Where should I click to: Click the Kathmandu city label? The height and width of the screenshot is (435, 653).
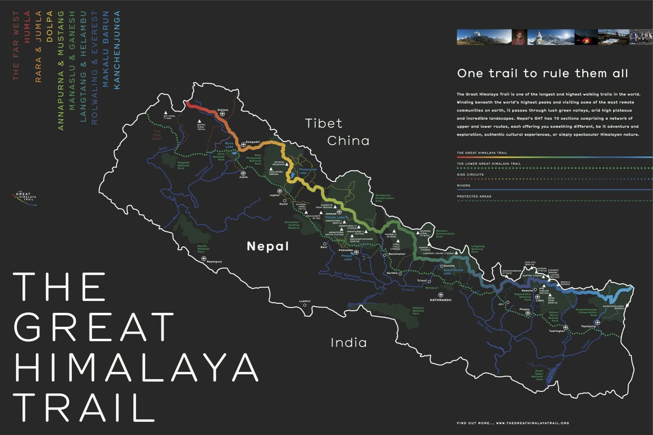coord(441,300)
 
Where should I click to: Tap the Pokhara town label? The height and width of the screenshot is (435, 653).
coord(346,251)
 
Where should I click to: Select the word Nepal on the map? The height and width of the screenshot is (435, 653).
coord(268,247)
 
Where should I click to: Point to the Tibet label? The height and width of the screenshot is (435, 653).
coord(323,124)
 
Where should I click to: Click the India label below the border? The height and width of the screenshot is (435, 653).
coord(349,343)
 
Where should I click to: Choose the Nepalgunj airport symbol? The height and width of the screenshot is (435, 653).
coord(203,259)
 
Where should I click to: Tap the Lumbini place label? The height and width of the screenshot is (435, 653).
coord(305,301)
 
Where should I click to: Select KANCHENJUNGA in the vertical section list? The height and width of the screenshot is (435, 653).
coord(116,50)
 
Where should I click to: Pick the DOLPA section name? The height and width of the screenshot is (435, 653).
coord(50,27)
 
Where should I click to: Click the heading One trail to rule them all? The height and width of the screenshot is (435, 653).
coord(542,74)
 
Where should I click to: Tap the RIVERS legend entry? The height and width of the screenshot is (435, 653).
coord(464,186)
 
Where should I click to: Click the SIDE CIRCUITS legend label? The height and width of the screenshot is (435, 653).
coord(470,175)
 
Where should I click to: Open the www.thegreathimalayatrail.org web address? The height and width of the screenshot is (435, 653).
coord(532,423)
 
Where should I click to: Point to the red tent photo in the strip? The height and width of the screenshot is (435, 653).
coord(586,37)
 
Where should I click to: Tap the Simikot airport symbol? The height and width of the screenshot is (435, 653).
coord(222,114)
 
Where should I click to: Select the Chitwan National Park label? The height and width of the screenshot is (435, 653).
coord(418,311)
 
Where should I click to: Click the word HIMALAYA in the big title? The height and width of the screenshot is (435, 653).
coord(136,368)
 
